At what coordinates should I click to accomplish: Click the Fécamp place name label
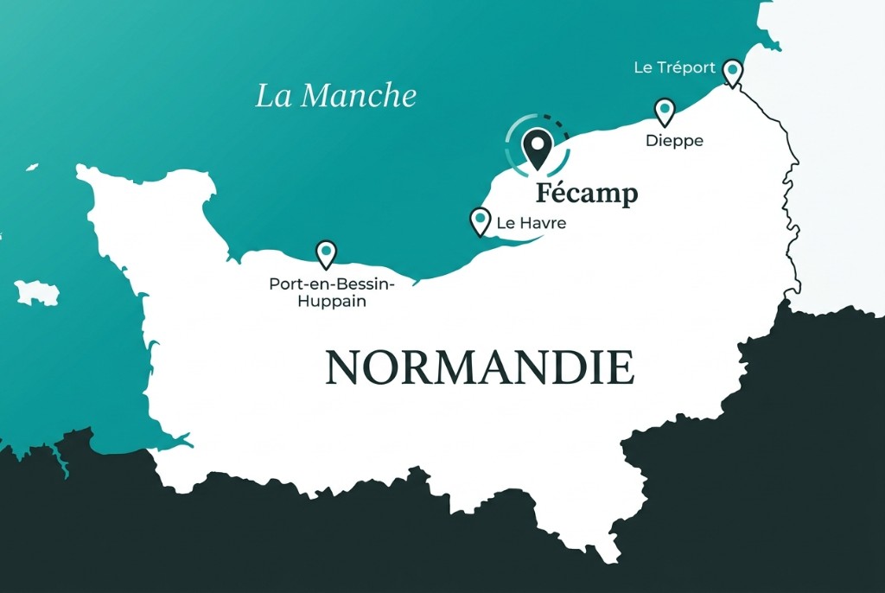pos(586,193)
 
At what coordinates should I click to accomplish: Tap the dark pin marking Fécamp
pos(538,148)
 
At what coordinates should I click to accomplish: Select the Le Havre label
pos(532,223)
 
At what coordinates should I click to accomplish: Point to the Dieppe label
pos(674,140)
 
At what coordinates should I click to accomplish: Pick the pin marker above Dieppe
pos(664,111)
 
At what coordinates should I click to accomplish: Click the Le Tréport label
pos(674,67)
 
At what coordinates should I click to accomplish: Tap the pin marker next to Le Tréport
pos(732,71)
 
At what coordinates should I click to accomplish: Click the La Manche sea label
pos(335,95)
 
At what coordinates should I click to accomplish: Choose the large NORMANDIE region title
pos(480,367)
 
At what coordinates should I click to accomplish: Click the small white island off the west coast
pos(37,292)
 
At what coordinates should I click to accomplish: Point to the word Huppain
pos(331,302)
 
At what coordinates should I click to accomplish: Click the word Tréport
pos(686,67)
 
